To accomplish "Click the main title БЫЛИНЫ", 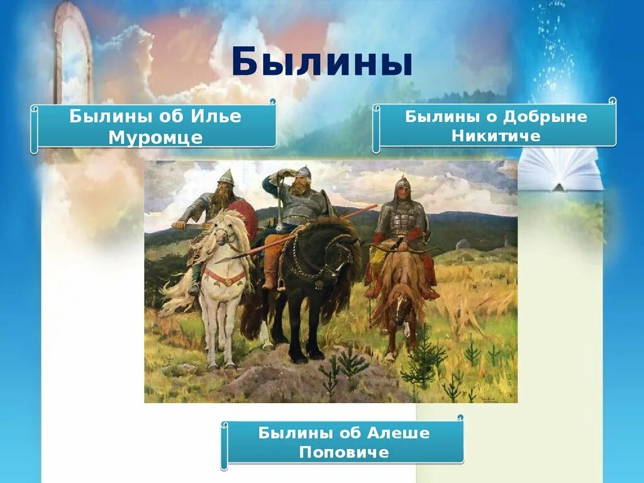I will [x=321, y=63].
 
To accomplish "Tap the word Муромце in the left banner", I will [x=155, y=138].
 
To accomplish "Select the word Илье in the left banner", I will [x=218, y=116].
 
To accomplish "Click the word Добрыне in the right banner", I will [x=539, y=116].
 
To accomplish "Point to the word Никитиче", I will [x=496, y=136].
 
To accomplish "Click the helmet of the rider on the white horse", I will [x=226, y=177].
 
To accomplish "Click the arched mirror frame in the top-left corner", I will [x=72, y=50].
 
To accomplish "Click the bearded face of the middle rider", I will [x=301, y=185].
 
